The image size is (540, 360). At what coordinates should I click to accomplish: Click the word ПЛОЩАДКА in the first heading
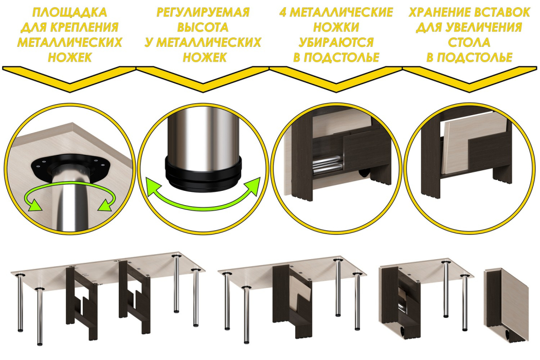[x=69, y=12]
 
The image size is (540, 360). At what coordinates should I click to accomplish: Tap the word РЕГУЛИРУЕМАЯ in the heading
[x=203, y=12]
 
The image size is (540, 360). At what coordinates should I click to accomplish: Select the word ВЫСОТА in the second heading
[x=203, y=27]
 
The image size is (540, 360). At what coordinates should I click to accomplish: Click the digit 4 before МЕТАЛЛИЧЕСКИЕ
[x=283, y=12]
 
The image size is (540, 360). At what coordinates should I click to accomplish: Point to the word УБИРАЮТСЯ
[x=336, y=42]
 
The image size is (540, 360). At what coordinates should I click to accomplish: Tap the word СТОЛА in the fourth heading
[x=469, y=42]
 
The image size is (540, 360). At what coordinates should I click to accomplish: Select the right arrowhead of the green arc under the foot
[x=253, y=185]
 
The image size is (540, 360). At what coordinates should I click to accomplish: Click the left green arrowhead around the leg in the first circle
[x=34, y=204]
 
